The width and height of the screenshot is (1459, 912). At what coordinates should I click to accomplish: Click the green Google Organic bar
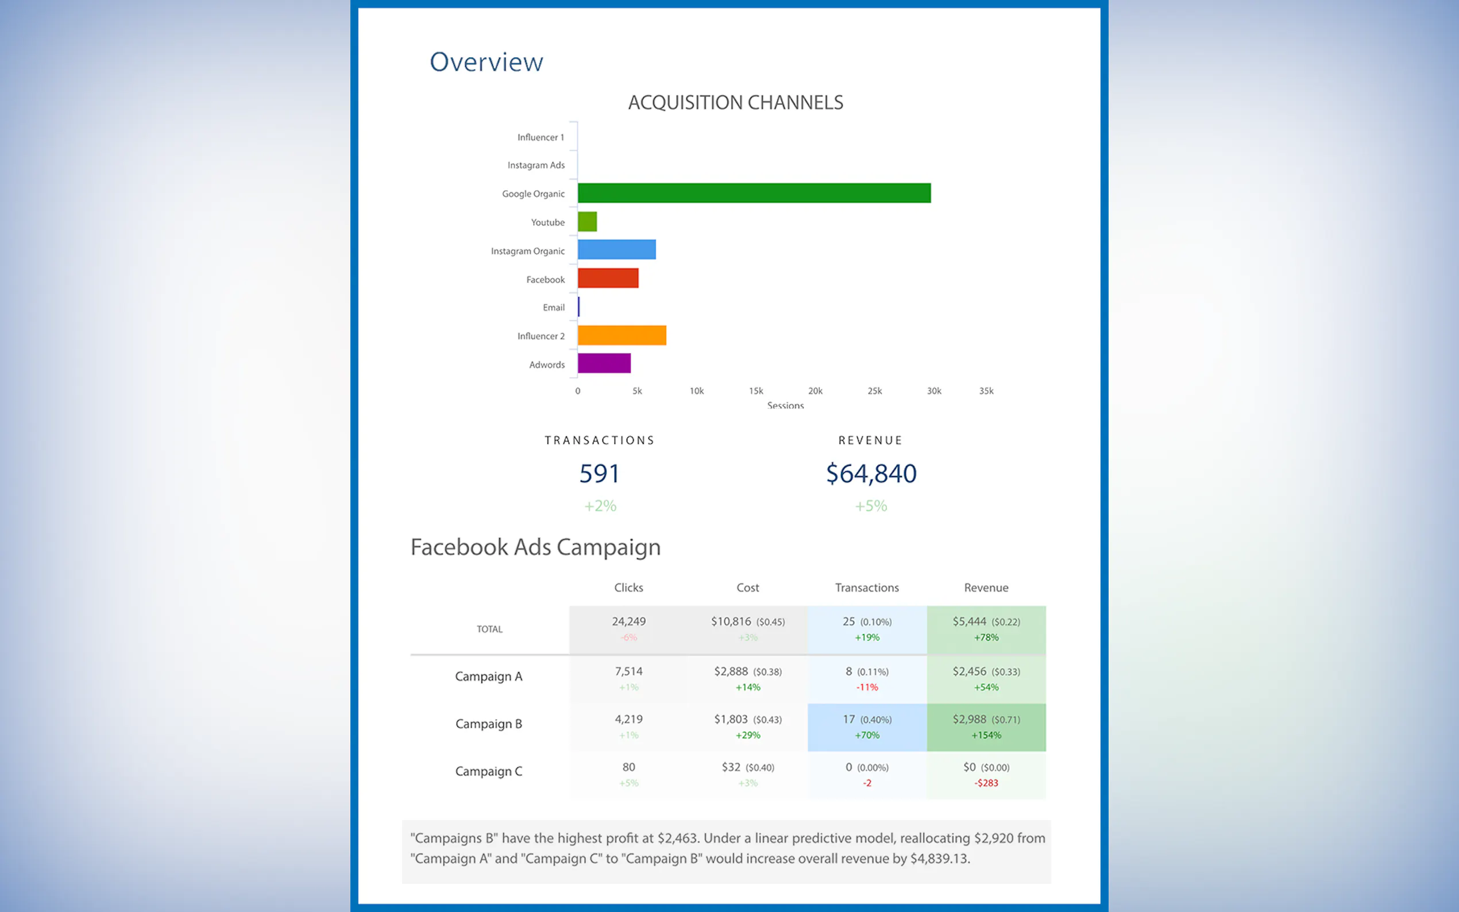point(754,193)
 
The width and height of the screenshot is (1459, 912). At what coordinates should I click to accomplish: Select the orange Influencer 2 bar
point(622,335)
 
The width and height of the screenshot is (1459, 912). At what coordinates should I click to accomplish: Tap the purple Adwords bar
point(604,363)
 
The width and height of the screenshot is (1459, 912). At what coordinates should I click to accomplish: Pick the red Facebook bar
point(608,278)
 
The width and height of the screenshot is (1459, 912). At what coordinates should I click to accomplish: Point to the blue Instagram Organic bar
point(616,250)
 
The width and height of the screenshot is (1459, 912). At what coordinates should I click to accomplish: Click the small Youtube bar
point(587,221)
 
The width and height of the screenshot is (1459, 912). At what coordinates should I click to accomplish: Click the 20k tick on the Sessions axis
point(815,391)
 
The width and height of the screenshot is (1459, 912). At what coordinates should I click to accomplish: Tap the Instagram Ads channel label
point(535,165)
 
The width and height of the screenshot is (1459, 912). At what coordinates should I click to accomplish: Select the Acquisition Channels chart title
point(735,103)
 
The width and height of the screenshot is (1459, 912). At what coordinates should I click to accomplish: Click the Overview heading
point(486,62)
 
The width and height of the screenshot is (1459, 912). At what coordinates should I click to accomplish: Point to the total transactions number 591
point(599,473)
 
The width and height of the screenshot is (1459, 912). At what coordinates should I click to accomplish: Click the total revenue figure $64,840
point(871,473)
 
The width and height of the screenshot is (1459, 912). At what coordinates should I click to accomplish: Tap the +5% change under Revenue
point(871,505)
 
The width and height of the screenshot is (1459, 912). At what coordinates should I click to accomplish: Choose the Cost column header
point(747,588)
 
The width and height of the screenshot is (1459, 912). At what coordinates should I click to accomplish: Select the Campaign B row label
point(489,724)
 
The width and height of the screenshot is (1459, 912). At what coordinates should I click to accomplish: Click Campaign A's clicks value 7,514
point(628,671)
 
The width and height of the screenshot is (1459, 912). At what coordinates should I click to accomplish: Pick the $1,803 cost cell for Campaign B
point(731,719)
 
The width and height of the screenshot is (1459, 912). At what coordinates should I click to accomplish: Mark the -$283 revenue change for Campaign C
point(986,783)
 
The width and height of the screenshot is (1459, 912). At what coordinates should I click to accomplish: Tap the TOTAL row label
point(489,629)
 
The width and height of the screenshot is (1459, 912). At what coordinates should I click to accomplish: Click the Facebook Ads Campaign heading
point(535,547)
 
